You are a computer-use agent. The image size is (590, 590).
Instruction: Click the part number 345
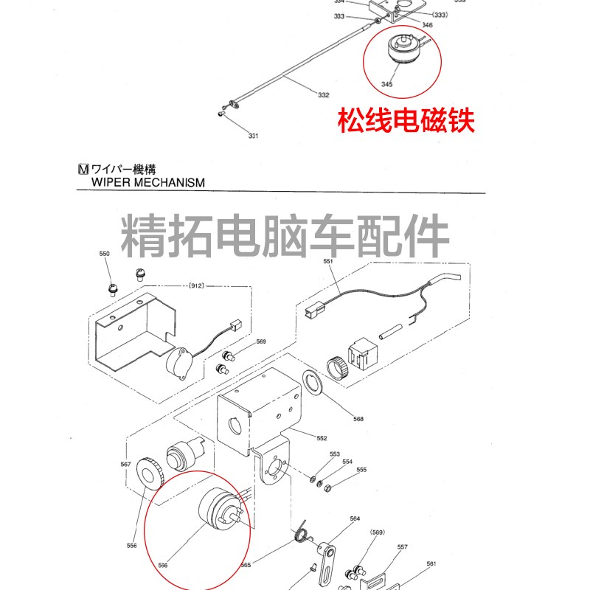pyautogui.click(x=387, y=84)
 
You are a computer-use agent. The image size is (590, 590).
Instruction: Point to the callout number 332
pyautogui.click(x=323, y=95)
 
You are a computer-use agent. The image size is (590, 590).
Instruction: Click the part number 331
pyautogui.click(x=253, y=136)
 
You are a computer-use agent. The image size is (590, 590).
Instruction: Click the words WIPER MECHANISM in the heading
pyautogui.click(x=147, y=182)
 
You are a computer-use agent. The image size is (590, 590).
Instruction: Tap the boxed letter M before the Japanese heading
pyautogui.click(x=83, y=169)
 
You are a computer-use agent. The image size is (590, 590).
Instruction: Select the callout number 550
pyautogui.click(x=104, y=254)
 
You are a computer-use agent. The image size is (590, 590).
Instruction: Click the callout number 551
pyautogui.click(x=327, y=261)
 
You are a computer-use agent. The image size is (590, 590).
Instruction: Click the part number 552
pyautogui.click(x=322, y=438)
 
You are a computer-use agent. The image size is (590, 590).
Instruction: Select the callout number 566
pyautogui.click(x=163, y=566)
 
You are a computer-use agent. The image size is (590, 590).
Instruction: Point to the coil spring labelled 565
pyautogui.click(x=302, y=532)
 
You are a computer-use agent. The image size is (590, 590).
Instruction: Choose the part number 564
pyautogui.click(x=355, y=518)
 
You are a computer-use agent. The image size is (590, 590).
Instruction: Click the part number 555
pyautogui.click(x=361, y=470)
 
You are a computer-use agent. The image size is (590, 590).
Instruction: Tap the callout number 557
pyautogui.click(x=402, y=547)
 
